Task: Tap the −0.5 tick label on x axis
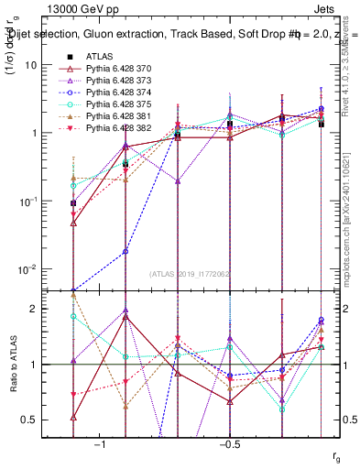(x=229, y=443)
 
